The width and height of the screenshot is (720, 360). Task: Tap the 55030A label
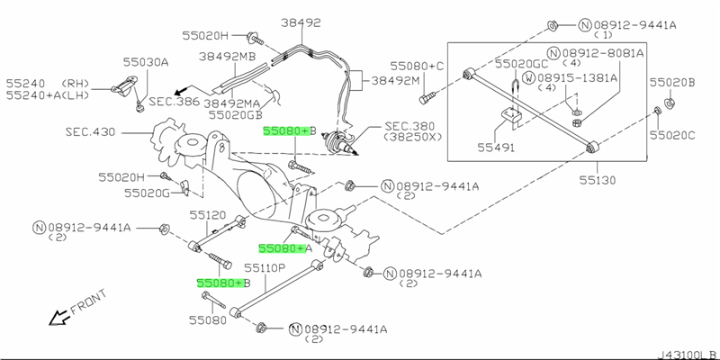tap(146, 62)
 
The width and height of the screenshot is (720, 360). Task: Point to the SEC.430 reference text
tap(91, 131)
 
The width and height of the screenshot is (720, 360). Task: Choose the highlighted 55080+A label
tap(285, 247)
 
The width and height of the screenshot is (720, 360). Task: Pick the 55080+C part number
tap(418, 67)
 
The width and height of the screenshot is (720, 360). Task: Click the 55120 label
tap(207, 215)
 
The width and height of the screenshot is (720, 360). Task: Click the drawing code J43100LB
tap(687, 352)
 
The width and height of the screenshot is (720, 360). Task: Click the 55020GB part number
tap(236, 114)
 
